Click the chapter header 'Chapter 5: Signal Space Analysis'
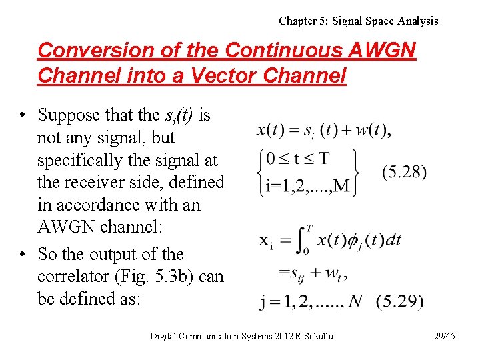(x=358, y=21)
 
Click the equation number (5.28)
(x=404, y=172)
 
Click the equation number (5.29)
(x=399, y=301)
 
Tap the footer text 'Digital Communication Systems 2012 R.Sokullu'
(x=241, y=336)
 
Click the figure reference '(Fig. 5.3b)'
(x=171, y=276)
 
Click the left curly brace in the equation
(x=261, y=171)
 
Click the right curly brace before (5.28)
(x=356, y=171)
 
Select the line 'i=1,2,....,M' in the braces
(x=307, y=185)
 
